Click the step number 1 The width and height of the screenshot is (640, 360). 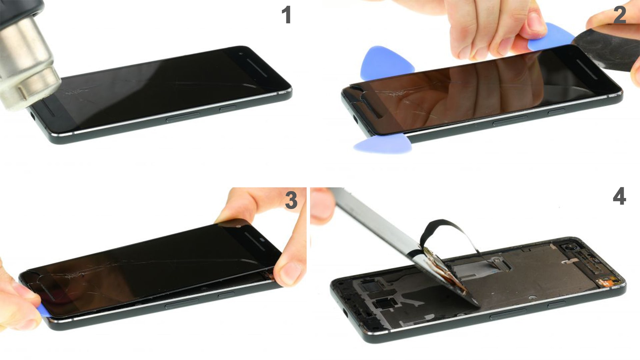click(x=286, y=15)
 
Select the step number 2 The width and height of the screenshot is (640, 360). click(x=620, y=15)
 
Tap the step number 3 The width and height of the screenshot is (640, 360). click(x=291, y=200)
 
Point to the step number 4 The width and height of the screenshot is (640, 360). click(x=619, y=196)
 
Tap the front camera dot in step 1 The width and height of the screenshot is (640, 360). click(x=241, y=54)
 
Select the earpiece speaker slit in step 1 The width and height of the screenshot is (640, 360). click(x=257, y=68)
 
